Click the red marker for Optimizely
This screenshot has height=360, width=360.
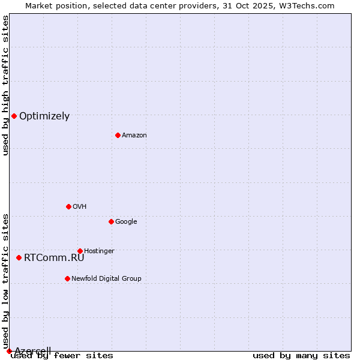coord(14,116)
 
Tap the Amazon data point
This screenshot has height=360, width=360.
coord(118,135)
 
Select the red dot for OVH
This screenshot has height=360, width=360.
coord(68,206)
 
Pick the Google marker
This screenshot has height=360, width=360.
coord(111,221)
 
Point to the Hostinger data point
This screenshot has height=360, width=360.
coord(80,251)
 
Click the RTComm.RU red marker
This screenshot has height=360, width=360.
coord(19,257)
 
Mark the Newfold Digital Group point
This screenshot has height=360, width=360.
coord(67,278)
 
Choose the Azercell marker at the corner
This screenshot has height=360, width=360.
coord(9,351)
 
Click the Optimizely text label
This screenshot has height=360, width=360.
coord(44,116)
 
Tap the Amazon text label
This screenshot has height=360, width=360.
coord(134,136)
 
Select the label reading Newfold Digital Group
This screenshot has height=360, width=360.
coord(106,278)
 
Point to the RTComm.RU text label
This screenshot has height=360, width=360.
coord(54,258)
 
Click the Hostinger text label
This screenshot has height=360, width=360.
coord(99,251)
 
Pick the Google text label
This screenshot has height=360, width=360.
coord(126,221)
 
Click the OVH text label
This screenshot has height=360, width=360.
coord(80,206)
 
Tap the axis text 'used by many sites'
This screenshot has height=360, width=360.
coord(301,356)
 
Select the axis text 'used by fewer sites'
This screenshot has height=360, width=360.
coord(62,356)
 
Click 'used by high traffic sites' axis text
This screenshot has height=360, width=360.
coord(5,85)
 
